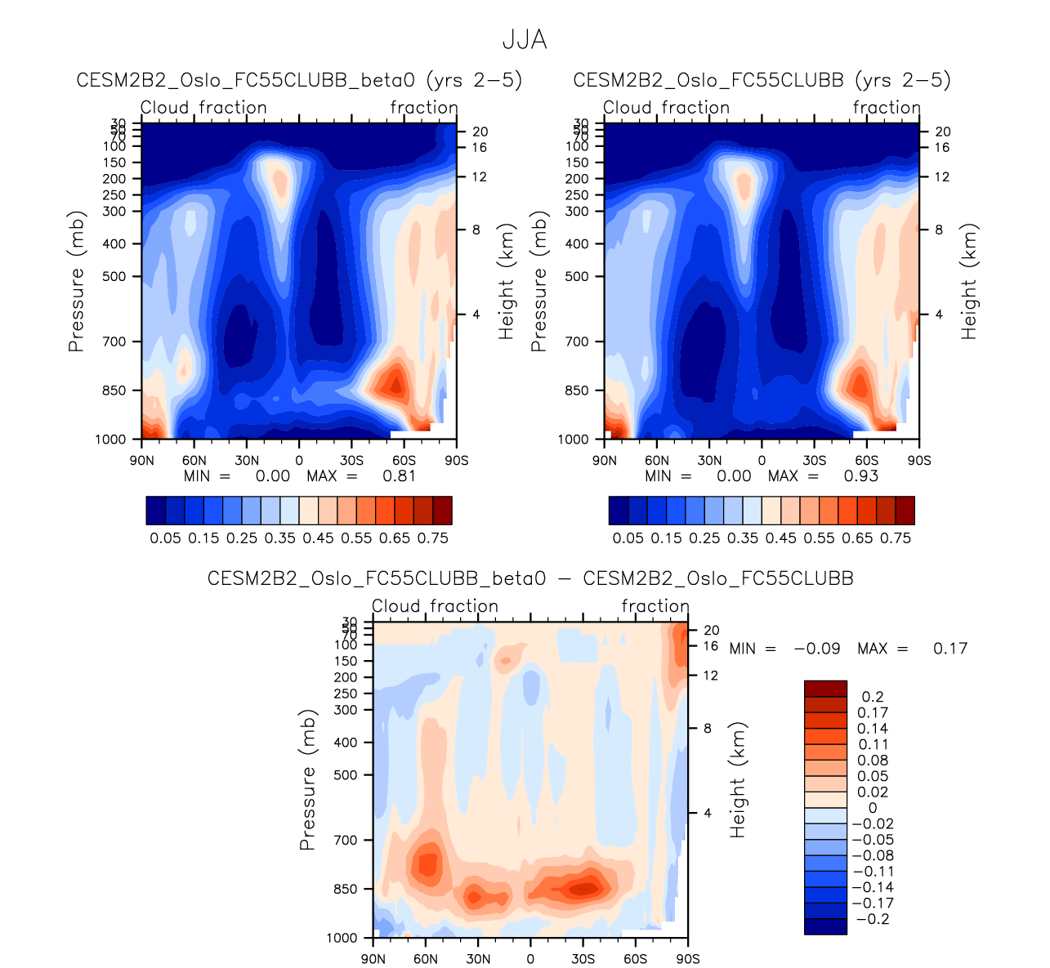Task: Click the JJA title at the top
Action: point(524,40)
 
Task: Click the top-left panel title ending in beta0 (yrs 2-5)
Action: point(299,80)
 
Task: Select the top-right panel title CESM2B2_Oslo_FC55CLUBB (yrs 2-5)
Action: point(762,80)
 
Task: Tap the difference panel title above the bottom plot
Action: point(530,578)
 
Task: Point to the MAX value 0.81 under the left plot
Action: point(400,476)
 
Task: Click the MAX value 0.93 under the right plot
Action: point(861,476)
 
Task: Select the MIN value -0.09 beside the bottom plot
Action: point(817,649)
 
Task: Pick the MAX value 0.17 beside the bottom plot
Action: point(950,649)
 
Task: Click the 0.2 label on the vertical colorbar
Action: point(874,697)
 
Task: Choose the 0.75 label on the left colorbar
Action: point(433,538)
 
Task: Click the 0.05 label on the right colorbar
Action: point(628,538)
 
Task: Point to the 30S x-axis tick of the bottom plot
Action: point(583,959)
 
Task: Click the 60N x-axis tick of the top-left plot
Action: point(194,461)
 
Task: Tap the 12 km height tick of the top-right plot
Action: point(942,176)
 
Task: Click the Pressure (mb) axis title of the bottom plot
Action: point(308,780)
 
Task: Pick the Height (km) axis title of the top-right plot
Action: point(969,282)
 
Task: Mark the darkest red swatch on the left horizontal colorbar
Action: point(442,510)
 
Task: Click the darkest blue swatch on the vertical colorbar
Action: point(825,926)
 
